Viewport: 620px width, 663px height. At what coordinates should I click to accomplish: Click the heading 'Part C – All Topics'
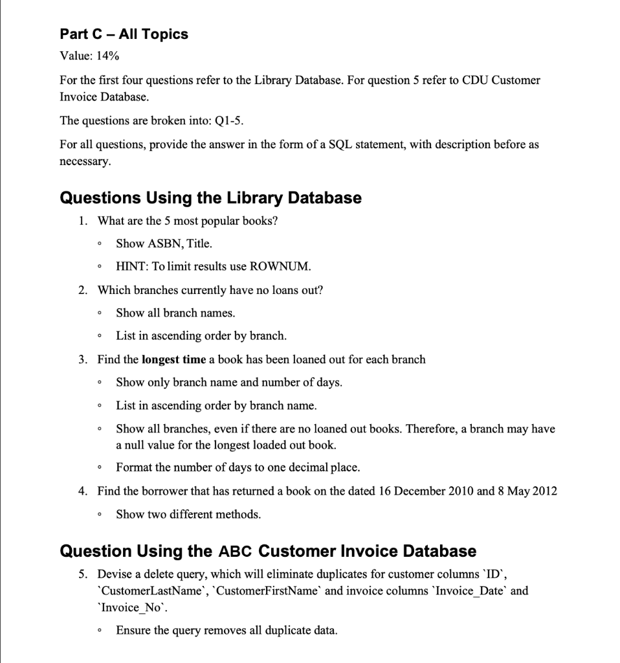pyautogui.click(x=124, y=34)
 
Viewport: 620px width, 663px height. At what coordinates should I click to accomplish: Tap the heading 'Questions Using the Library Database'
pyautogui.click(x=210, y=197)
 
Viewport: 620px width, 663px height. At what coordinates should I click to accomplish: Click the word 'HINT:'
pyautogui.click(x=133, y=266)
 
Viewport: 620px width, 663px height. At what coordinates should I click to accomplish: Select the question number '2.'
pyautogui.click(x=83, y=289)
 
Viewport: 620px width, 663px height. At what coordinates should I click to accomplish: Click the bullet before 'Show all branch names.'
pyautogui.click(x=98, y=313)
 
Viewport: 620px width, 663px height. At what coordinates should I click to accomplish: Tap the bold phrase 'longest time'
pyautogui.click(x=173, y=359)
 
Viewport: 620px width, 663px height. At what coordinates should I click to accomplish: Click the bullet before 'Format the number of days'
pyautogui.click(x=98, y=467)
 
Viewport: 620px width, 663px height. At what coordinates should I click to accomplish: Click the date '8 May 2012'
pyautogui.click(x=527, y=491)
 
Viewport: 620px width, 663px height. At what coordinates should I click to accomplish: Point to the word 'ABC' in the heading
pyautogui.click(x=236, y=552)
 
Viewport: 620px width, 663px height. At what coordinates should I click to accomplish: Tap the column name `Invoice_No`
pyautogui.click(x=120, y=607)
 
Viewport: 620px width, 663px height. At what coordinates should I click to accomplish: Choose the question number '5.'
pyautogui.click(x=83, y=574)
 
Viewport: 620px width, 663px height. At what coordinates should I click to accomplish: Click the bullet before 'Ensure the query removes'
pyautogui.click(x=98, y=631)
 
